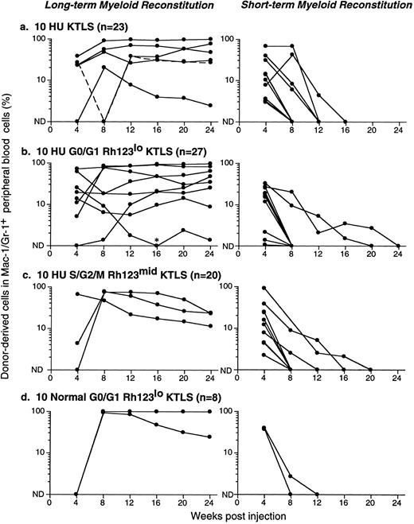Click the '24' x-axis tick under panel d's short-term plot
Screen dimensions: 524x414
(x=400, y=503)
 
